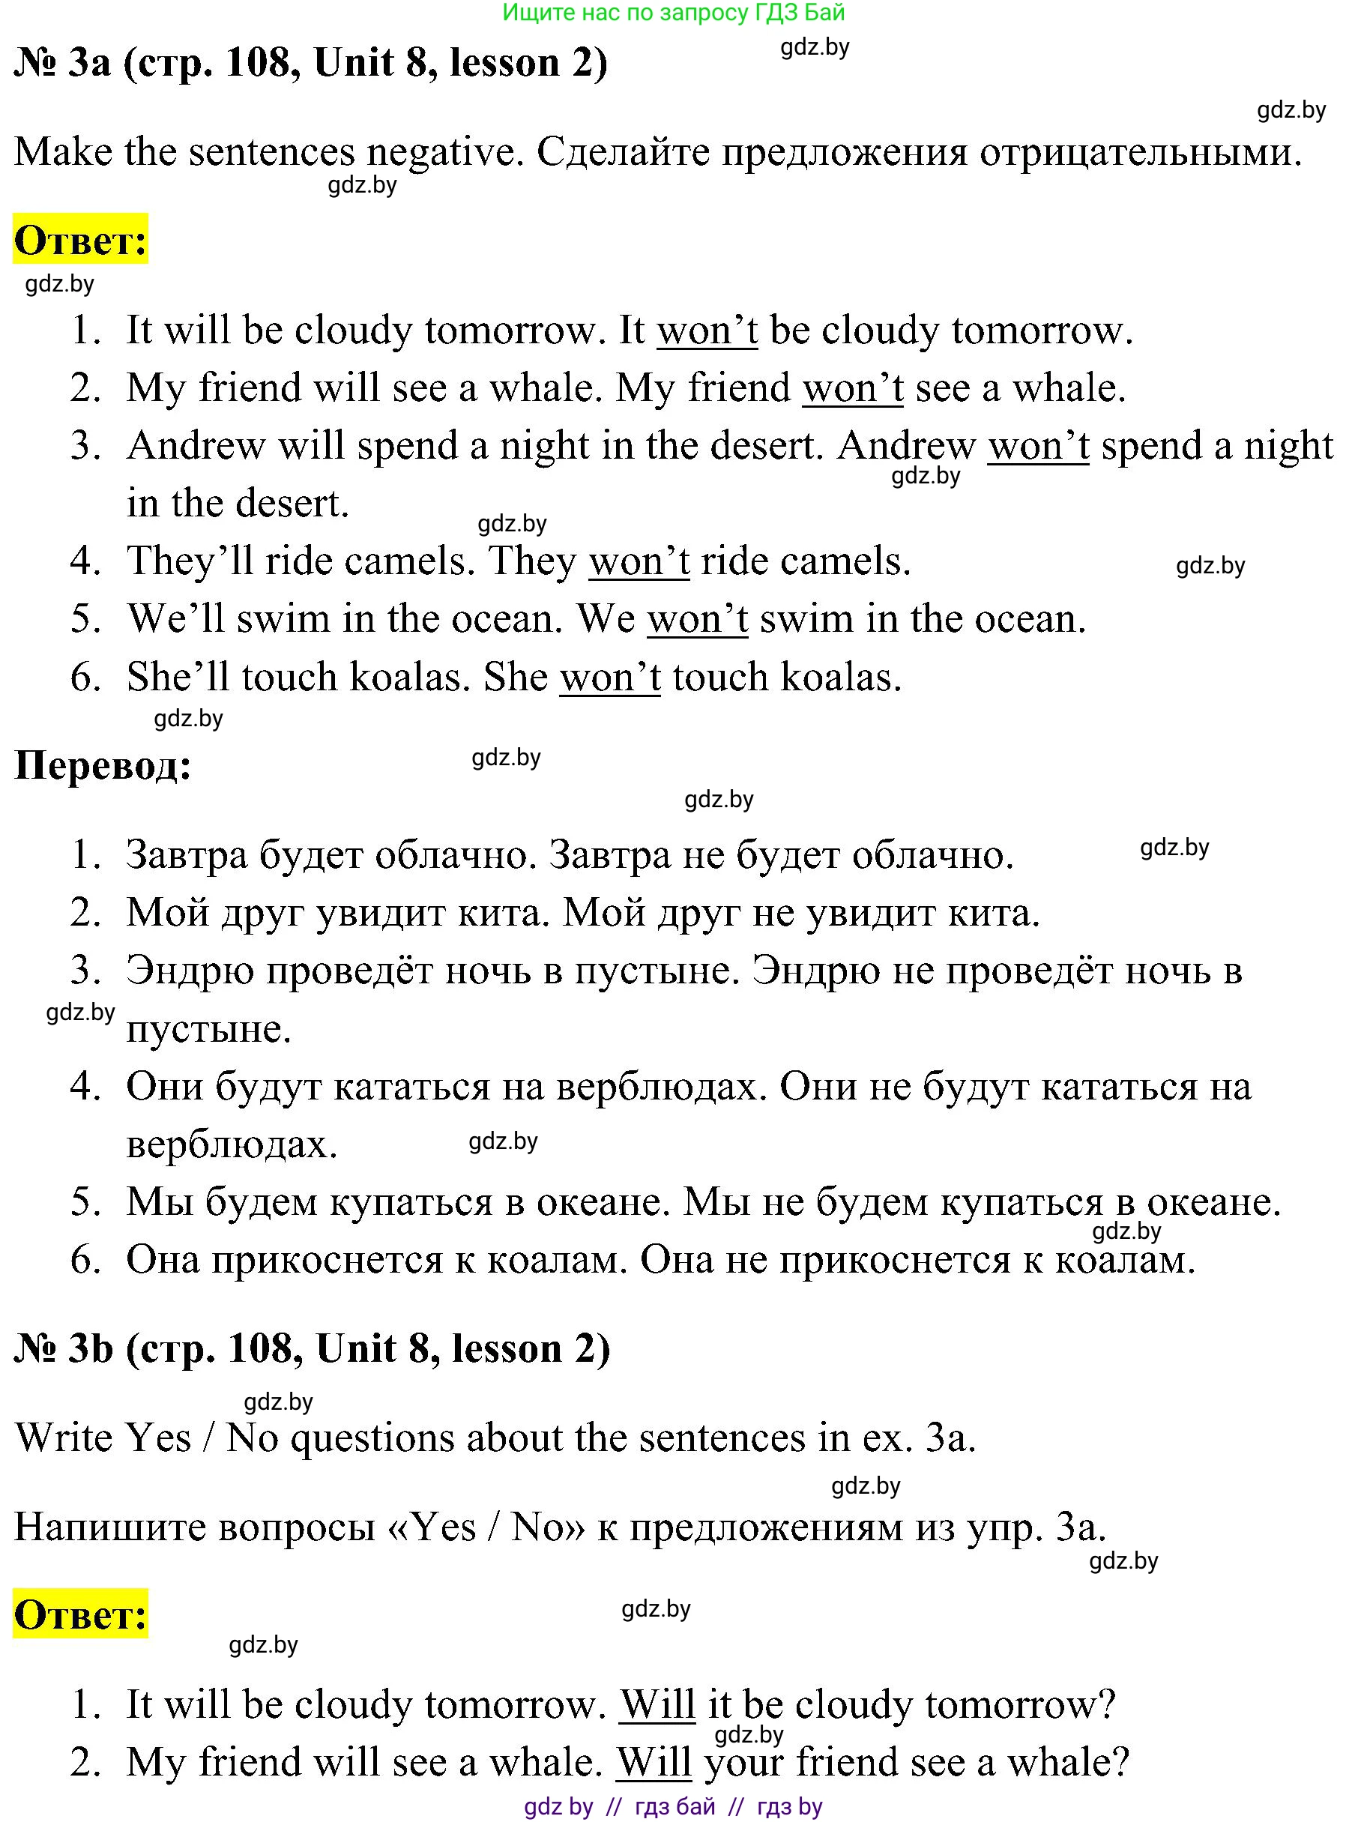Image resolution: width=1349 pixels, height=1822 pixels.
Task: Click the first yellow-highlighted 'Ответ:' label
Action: [80, 240]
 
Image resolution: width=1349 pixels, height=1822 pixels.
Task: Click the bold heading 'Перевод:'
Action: [103, 766]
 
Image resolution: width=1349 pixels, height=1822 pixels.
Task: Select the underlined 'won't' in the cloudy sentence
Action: [707, 331]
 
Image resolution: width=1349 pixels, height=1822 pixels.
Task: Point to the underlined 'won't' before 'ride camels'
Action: [639, 562]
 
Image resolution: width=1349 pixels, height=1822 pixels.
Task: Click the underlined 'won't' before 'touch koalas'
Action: [609, 678]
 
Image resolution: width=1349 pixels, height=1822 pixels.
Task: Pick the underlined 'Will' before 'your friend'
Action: [655, 1761]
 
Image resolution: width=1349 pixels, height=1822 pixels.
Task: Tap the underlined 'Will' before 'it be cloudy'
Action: [657, 1704]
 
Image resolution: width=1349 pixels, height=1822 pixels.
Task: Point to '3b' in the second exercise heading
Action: [90, 1348]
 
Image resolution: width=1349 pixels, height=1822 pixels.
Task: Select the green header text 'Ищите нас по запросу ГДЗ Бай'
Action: [674, 12]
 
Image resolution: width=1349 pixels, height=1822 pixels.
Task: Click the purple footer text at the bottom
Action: [673, 1806]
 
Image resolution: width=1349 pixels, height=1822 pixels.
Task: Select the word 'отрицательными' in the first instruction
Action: [1140, 152]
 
